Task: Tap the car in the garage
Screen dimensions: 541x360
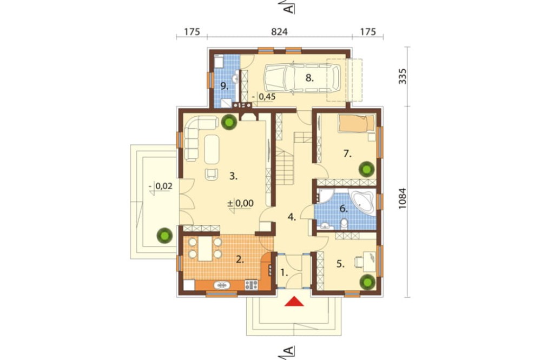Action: [301, 78]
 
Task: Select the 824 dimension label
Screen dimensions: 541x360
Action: [279, 32]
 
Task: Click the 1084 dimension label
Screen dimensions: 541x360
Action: [403, 198]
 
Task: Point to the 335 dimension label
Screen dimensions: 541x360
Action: [403, 76]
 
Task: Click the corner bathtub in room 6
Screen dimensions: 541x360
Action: [362, 202]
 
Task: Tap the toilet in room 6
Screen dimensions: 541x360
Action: [344, 224]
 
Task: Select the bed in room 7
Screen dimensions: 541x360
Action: [357, 124]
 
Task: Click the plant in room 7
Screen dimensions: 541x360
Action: [366, 169]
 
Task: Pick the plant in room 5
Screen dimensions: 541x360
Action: [367, 282]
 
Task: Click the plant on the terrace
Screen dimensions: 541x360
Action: [164, 236]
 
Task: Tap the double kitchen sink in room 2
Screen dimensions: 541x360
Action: [221, 285]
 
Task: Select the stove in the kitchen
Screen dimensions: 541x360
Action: [251, 285]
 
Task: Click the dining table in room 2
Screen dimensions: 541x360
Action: [204, 248]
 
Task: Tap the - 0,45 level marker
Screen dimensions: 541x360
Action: [263, 98]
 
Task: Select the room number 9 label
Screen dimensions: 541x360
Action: [225, 86]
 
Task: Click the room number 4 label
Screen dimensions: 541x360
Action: [292, 217]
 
